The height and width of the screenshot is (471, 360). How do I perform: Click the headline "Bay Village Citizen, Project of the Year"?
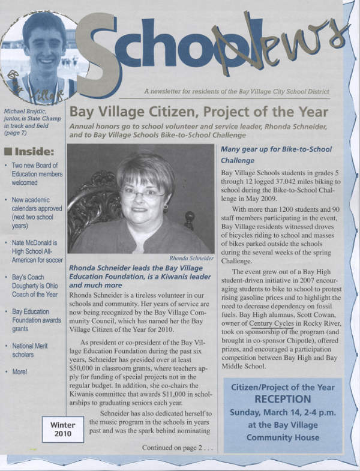coord(198,112)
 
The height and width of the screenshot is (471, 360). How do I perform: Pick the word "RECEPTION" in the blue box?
coord(282,399)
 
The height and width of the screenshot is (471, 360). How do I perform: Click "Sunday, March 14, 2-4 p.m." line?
coord(282,413)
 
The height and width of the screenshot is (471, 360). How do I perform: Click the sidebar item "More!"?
coord(20,372)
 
